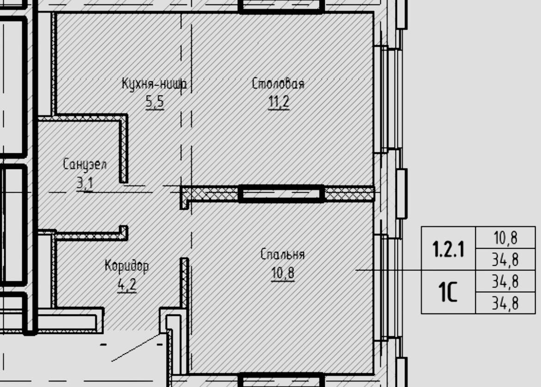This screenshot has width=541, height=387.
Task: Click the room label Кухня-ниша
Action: click(154, 84)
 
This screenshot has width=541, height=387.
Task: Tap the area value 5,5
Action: click(155, 102)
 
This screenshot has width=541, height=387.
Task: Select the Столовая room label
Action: click(278, 84)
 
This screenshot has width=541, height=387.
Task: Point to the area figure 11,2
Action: click(279, 102)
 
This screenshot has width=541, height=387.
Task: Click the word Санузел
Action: click(85, 164)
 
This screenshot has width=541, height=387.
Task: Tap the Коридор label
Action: click(127, 266)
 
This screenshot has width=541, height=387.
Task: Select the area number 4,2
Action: click(127, 284)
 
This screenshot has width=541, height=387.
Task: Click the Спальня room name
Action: click(283, 254)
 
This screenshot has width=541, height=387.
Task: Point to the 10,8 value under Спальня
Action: click(283, 273)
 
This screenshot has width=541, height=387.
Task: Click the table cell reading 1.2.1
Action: click(448, 249)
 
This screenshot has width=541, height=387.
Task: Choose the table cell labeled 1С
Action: click(448, 292)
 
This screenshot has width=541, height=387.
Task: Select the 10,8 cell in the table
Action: click(505, 238)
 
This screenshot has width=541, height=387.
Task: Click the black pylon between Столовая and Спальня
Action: click(282, 193)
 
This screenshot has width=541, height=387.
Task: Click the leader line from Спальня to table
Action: click(389, 270)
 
